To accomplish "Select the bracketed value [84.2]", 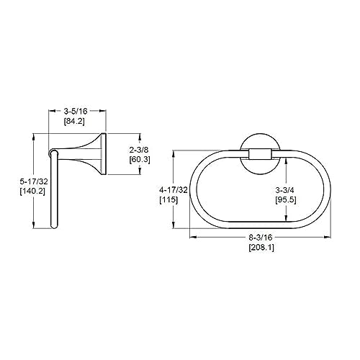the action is (x=74, y=121).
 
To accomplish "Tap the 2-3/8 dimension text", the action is (x=139, y=150).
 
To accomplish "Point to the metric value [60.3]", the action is (x=140, y=160).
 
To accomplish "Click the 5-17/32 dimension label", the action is (x=34, y=181).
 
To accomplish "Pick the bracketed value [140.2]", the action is (x=32, y=192).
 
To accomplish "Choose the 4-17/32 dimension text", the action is (x=174, y=190).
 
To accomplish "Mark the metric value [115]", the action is (x=168, y=199).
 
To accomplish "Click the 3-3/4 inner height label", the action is (x=284, y=190).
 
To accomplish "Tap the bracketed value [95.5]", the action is (x=286, y=200).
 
